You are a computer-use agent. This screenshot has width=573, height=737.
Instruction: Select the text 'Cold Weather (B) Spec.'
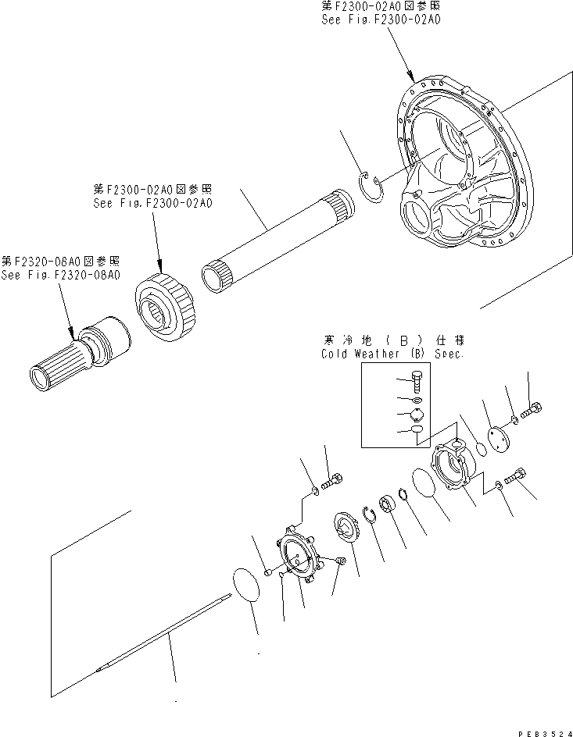[392, 354]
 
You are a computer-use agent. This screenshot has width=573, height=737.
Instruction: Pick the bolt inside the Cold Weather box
[417, 382]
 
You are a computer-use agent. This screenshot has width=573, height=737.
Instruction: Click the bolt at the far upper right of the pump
[535, 408]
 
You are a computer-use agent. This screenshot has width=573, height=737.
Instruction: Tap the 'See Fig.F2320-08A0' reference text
[60, 275]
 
